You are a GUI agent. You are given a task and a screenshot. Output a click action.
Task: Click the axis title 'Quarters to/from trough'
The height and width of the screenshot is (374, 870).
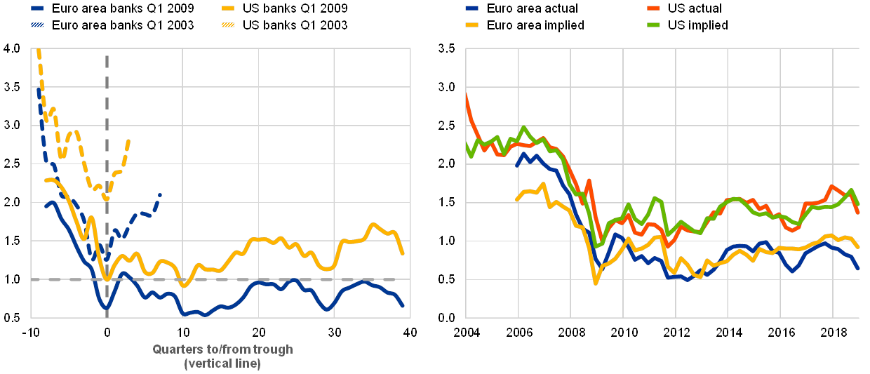(x=222, y=349)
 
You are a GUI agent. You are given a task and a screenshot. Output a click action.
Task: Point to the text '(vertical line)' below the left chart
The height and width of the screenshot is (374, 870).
(x=222, y=363)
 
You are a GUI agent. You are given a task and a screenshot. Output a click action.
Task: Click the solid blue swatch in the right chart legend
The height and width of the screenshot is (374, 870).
(x=472, y=9)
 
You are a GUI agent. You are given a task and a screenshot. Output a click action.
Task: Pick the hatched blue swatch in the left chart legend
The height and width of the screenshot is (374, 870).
(x=39, y=26)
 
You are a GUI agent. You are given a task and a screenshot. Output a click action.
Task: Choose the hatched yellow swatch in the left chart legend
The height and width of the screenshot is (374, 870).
(x=227, y=26)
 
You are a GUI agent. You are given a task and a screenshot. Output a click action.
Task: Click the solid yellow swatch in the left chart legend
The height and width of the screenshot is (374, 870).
(x=227, y=9)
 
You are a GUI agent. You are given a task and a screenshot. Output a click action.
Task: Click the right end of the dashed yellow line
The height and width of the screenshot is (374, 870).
(x=130, y=140)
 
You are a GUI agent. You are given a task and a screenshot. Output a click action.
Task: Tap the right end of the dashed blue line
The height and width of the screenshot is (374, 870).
(x=160, y=194)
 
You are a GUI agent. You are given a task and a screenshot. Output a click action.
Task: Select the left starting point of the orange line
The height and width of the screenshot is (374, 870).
(x=466, y=95)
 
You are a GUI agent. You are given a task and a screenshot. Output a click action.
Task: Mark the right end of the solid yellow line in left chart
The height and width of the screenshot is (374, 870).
(x=403, y=254)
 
